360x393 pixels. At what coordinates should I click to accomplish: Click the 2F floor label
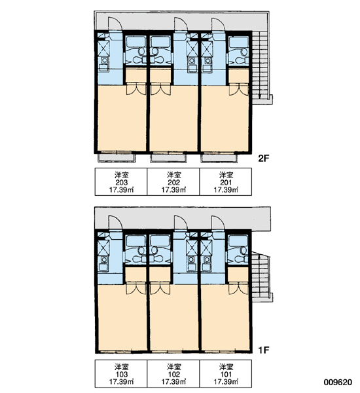264,159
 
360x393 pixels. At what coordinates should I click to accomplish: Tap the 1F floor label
263,350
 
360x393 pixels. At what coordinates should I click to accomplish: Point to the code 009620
338,383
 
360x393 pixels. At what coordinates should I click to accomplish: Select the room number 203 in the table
121,183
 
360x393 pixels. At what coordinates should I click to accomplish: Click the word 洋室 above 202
173,175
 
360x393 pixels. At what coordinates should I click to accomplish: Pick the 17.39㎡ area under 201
226,190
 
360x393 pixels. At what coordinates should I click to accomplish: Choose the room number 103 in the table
122,375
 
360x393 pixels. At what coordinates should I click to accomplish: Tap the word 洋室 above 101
226,367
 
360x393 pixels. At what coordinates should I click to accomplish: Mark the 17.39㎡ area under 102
173,382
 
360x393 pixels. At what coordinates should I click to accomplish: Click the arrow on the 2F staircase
260,65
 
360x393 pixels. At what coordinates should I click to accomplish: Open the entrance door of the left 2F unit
115,24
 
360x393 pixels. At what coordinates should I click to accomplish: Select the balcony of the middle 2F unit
168,158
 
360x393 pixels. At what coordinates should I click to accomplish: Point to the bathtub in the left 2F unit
135,42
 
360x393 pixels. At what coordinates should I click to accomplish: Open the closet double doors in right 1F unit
239,288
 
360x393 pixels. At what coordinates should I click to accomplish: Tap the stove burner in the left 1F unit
103,259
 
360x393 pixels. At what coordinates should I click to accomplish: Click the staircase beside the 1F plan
261,277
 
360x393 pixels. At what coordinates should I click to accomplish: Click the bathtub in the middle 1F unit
159,240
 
